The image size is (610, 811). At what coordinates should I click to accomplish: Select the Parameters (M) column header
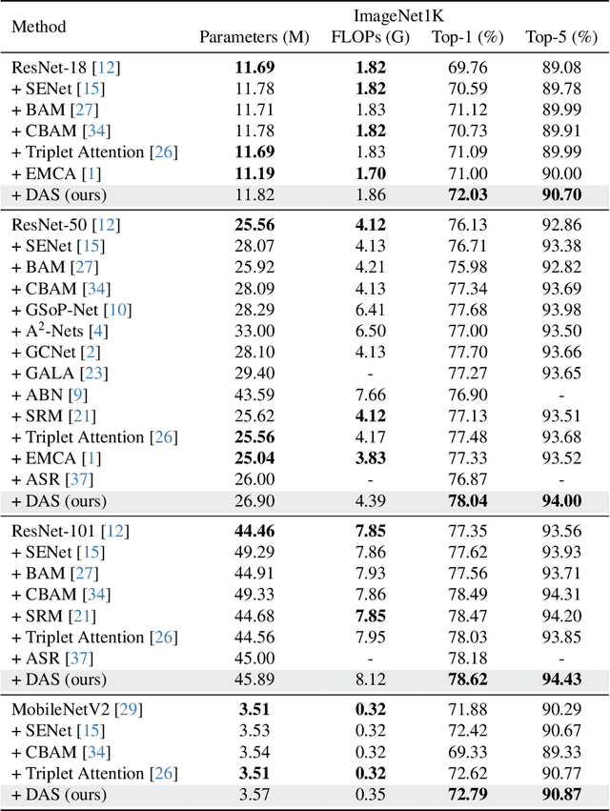click(254, 38)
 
